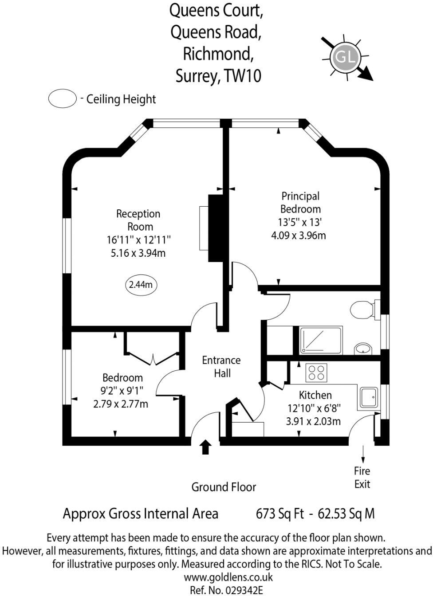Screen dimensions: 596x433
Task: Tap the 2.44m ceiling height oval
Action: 141,284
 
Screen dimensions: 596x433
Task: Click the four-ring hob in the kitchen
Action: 316,372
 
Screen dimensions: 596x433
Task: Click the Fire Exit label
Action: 362,478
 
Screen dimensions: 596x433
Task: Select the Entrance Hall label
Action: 221,367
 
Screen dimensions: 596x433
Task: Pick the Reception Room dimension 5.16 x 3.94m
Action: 138,253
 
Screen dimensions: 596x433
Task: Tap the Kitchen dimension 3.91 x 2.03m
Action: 314,421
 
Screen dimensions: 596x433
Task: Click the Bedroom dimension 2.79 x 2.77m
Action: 121,404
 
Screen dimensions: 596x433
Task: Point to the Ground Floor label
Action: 224,487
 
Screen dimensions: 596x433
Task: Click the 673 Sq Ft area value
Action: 280,514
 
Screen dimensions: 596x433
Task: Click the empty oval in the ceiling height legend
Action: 63,98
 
